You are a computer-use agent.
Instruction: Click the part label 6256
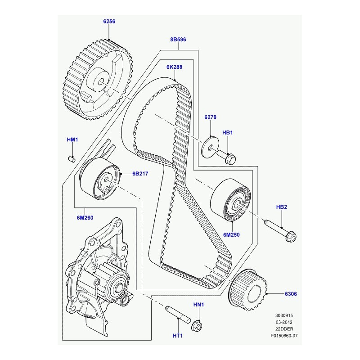109,21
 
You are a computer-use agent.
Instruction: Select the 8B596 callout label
178,40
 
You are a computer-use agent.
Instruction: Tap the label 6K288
174,67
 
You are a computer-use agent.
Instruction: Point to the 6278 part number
210,117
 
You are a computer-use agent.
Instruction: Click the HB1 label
228,133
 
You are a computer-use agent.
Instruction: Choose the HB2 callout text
281,207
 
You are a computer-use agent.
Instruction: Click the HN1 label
198,305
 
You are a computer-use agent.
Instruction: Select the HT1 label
178,336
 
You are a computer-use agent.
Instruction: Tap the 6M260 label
85,218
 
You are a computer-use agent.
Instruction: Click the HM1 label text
72,140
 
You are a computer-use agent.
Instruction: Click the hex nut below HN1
196,324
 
